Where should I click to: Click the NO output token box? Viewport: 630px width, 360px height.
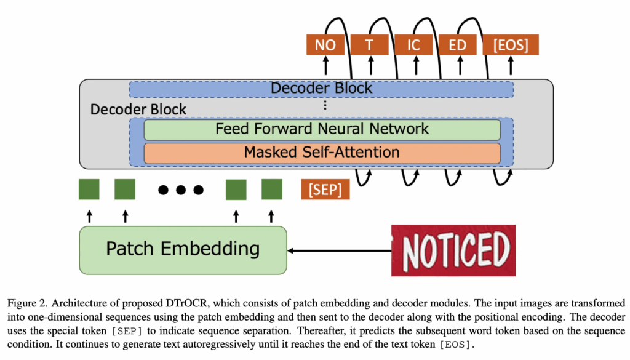(325, 45)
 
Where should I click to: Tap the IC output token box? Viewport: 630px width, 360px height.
(413, 45)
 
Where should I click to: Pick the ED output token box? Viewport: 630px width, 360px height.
(457, 45)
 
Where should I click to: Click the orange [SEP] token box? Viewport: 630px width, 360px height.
(325, 190)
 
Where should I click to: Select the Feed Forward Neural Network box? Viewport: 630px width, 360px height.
(322, 129)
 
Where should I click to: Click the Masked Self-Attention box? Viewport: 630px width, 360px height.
(322, 152)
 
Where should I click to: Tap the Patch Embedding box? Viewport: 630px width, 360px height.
(183, 249)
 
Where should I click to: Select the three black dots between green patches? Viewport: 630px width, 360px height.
(180, 190)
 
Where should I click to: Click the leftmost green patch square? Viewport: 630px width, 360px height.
(89, 190)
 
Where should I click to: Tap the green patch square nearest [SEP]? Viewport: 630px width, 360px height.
(271, 190)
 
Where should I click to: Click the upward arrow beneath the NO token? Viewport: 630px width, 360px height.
(325, 66)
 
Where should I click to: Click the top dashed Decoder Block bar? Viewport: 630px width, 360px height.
(321, 89)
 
